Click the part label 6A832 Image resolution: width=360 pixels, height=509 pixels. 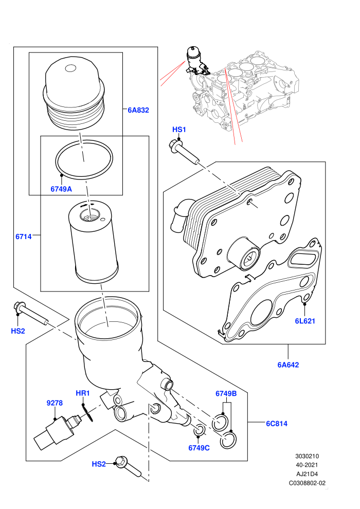[138, 110]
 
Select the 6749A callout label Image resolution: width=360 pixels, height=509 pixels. [61, 189]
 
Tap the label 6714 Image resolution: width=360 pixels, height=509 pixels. [24, 237]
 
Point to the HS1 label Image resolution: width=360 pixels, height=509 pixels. [179, 130]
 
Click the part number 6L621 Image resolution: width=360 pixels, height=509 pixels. [305, 321]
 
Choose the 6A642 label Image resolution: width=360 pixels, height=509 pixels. [288, 365]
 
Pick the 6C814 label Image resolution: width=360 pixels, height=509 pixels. [277, 424]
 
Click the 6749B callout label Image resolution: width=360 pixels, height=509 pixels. [226, 394]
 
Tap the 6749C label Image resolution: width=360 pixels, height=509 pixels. [199, 448]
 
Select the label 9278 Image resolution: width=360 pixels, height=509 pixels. [55, 403]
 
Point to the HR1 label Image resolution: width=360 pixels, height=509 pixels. [82, 393]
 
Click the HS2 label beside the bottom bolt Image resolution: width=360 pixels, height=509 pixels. [99, 464]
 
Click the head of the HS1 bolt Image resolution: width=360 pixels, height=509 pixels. [175, 146]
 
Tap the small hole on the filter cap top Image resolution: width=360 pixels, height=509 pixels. [70, 68]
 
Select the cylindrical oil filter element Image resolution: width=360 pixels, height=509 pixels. [93, 242]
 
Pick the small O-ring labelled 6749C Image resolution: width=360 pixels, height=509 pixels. [200, 430]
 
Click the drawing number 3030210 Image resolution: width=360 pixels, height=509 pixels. [307, 456]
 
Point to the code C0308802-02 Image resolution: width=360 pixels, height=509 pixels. [307, 483]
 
